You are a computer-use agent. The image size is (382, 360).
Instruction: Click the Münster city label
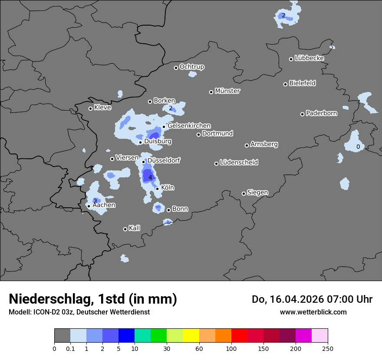[x=227, y=91]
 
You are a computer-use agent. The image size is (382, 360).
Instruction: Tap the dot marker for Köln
[x=157, y=189]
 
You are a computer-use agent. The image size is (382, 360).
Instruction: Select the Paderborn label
[x=322, y=114]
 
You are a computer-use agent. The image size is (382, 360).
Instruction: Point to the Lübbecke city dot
[x=291, y=59]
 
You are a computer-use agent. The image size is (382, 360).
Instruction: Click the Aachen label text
[x=104, y=205]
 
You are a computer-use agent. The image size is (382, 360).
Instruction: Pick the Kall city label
[x=135, y=228]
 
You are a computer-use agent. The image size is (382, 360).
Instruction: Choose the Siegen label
[x=257, y=193]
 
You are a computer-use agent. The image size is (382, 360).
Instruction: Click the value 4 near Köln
[x=150, y=177]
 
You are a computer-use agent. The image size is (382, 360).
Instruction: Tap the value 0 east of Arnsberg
[x=358, y=147]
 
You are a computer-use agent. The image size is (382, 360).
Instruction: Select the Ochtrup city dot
[x=176, y=67]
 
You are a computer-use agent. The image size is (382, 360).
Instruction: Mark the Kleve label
[x=102, y=108]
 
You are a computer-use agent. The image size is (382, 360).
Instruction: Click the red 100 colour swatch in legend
[x=240, y=336]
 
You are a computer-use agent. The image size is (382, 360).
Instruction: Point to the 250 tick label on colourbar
[x=328, y=348]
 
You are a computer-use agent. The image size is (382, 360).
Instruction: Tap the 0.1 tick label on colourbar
[x=70, y=348]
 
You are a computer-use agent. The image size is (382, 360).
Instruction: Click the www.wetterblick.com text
[x=313, y=312]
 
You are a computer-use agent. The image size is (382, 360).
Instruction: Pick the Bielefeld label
[x=302, y=83]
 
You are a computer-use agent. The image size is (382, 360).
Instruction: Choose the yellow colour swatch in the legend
[x=191, y=336]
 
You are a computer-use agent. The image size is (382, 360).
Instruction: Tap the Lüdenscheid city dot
[x=216, y=164]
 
